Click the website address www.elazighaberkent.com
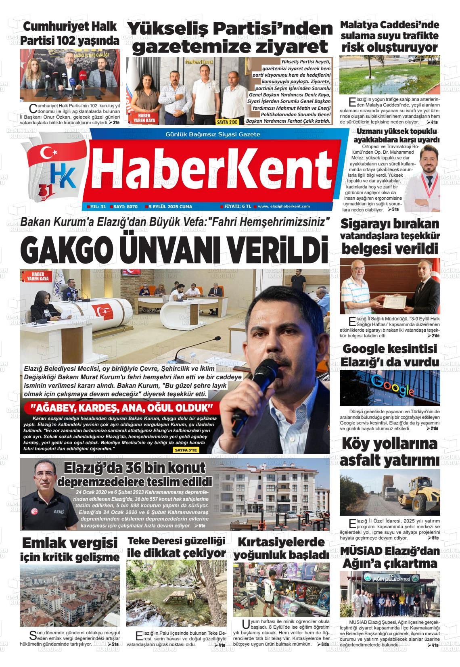[x=284, y=207]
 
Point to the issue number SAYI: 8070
[x=125, y=207]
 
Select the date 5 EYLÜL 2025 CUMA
[x=170, y=207]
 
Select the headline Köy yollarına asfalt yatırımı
[x=389, y=452]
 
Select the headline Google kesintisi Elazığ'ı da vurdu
[x=390, y=355]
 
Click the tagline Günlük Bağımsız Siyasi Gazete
[x=213, y=134]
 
